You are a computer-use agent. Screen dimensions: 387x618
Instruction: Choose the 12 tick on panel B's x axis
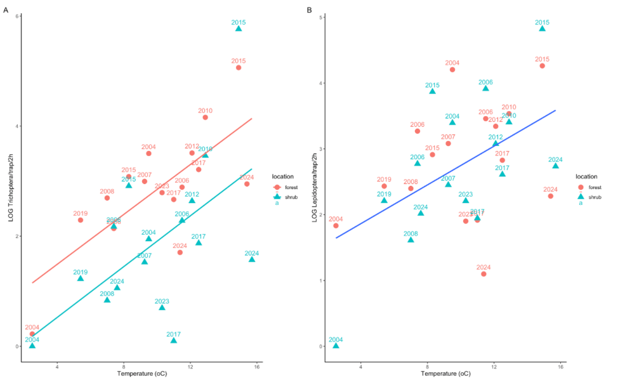[494, 366]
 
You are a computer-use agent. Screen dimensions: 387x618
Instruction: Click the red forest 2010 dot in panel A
[205, 117]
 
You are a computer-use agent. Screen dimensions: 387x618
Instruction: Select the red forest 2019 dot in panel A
[81, 220]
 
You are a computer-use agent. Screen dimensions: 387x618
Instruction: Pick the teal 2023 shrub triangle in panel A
[162, 308]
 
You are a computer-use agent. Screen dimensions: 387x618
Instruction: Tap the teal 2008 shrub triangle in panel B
[411, 240]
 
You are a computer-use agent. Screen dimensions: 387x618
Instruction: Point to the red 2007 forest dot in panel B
[448, 143]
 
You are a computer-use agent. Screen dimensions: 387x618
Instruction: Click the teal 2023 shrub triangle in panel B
[466, 200]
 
